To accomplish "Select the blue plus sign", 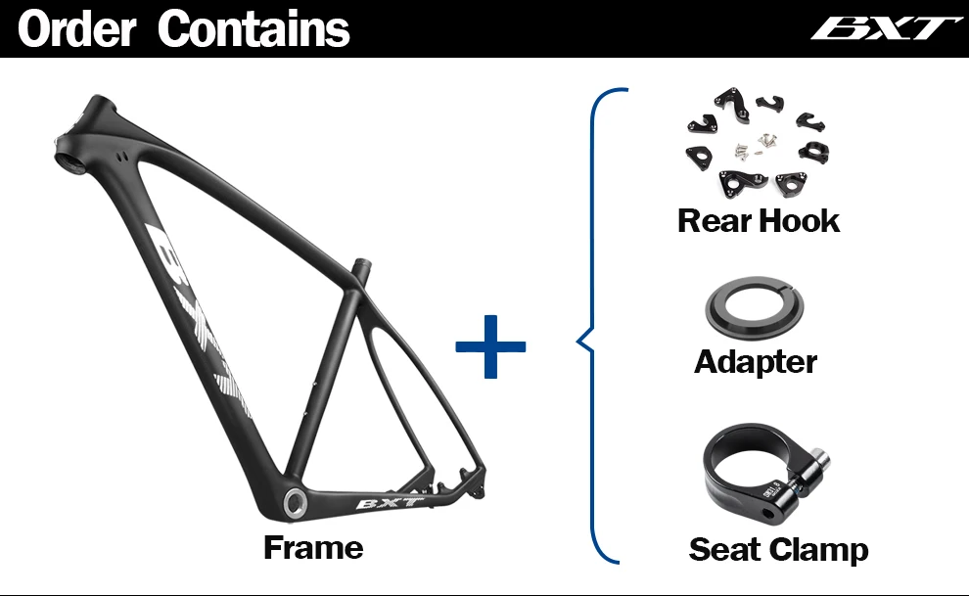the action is [491, 345].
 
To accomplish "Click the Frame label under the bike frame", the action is [313, 548].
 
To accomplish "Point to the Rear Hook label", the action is [759, 220].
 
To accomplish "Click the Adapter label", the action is [756, 362].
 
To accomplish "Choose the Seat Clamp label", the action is [778, 550].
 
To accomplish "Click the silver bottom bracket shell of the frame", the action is [295, 502].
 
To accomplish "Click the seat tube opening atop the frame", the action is [361, 264].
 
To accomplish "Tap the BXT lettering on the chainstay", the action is [389, 504].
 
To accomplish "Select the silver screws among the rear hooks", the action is [755, 145].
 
